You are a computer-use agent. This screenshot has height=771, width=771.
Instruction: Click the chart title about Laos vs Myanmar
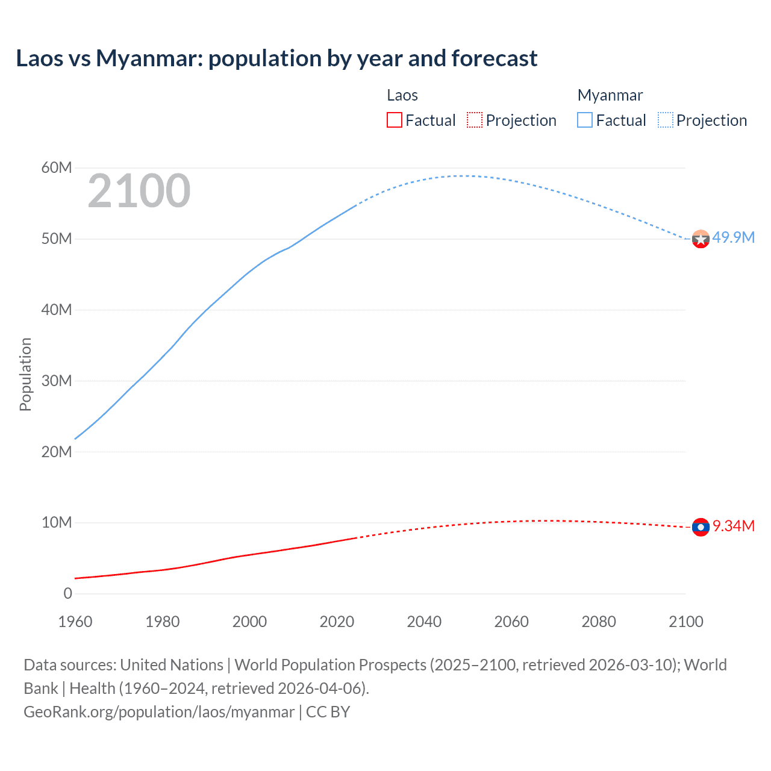coord(276,58)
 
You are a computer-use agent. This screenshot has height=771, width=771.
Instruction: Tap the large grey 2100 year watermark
coord(139,191)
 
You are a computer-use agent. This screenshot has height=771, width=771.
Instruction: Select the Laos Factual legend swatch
coord(395,120)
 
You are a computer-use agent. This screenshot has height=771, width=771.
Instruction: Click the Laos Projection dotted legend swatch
coord(475,120)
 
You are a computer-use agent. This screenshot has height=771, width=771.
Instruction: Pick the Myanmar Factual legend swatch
coord(585,120)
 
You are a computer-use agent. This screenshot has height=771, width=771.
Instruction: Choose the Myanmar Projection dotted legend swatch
coord(666,120)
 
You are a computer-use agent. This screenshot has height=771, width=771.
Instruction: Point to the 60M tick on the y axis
coord(57,167)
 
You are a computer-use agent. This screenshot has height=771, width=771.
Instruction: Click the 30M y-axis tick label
coord(57,381)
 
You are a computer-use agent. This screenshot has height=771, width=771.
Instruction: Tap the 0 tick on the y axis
coord(67,593)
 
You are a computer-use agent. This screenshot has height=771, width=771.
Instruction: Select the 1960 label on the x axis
coord(75,622)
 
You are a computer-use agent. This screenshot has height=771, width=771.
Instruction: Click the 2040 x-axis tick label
coord(424,622)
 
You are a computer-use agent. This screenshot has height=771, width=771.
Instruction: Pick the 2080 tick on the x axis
coord(599,622)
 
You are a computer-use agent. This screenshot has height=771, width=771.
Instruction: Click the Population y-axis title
coord(25,374)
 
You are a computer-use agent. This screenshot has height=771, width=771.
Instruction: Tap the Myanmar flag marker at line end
coord(701,239)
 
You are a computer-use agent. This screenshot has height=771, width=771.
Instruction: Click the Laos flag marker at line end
coord(701,527)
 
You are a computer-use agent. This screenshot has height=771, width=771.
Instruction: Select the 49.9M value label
coord(733,237)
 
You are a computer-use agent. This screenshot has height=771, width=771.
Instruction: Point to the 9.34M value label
coord(734,526)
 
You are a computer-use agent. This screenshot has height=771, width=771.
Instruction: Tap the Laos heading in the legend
coord(402,95)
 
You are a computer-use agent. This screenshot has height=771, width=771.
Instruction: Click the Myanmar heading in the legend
coord(610,95)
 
